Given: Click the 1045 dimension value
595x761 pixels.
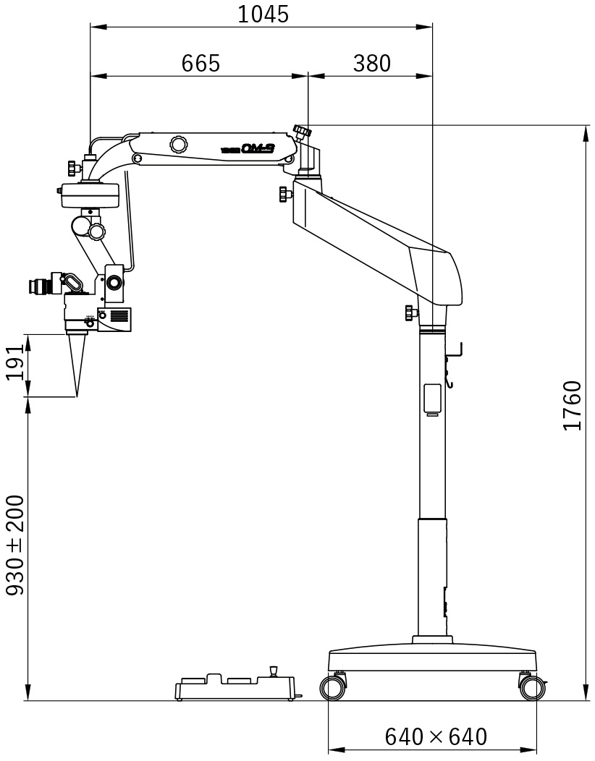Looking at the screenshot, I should click(x=263, y=14).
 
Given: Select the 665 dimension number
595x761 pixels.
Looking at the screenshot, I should click(x=201, y=64).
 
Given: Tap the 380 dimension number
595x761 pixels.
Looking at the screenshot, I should click(x=371, y=64).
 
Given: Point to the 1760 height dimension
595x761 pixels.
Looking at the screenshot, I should click(x=573, y=405).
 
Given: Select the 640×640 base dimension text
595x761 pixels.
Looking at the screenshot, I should click(x=436, y=737).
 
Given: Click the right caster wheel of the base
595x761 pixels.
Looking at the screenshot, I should click(x=531, y=687).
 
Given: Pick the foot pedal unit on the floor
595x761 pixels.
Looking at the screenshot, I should click(x=235, y=689).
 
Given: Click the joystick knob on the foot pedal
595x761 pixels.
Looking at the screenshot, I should click(x=274, y=671).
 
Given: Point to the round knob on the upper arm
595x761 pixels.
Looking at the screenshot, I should click(x=177, y=144).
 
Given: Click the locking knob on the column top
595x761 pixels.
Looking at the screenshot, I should click(x=411, y=313).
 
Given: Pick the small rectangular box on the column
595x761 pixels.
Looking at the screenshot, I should click(x=433, y=399).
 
